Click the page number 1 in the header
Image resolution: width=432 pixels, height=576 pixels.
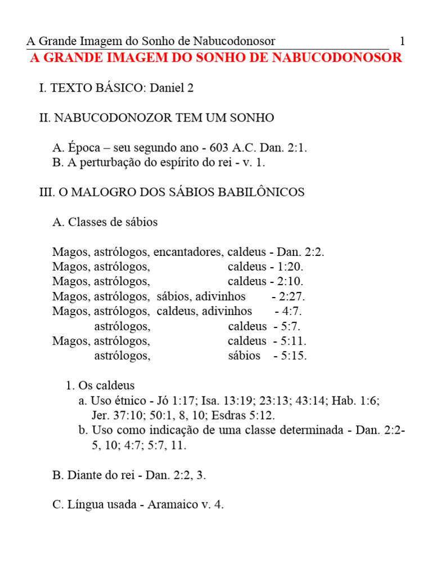click(x=402, y=41)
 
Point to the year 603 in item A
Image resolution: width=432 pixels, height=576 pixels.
click(x=219, y=148)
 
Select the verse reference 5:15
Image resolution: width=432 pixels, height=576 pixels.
click(x=294, y=355)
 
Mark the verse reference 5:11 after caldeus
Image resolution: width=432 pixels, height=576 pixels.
click(x=294, y=341)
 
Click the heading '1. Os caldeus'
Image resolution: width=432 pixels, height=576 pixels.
click(x=100, y=386)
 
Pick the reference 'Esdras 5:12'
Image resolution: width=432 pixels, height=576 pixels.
click(x=243, y=416)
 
